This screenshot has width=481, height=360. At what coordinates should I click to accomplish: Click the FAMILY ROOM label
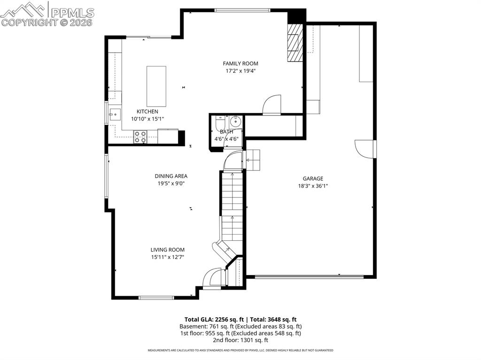click(240, 63)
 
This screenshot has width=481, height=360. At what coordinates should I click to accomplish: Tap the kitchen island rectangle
click(156, 86)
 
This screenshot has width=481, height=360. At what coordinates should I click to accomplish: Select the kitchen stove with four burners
click(140, 137)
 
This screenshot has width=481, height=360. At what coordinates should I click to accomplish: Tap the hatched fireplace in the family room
click(294, 43)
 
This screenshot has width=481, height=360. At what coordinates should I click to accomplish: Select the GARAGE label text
click(312, 178)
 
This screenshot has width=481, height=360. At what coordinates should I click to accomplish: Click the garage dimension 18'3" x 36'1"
click(312, 186)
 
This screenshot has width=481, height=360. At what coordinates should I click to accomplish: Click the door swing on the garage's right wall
click(365, 148)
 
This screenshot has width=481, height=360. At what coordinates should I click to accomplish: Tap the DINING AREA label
click(171, 176)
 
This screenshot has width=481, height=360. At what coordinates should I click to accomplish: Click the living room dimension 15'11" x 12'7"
click(167, 257)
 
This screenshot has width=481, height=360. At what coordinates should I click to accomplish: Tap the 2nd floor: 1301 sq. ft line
click(240, 340)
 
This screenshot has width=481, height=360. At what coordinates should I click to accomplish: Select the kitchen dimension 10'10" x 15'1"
click(147, 119)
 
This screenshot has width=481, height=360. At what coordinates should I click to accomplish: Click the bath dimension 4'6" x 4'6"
click(227, 139)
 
